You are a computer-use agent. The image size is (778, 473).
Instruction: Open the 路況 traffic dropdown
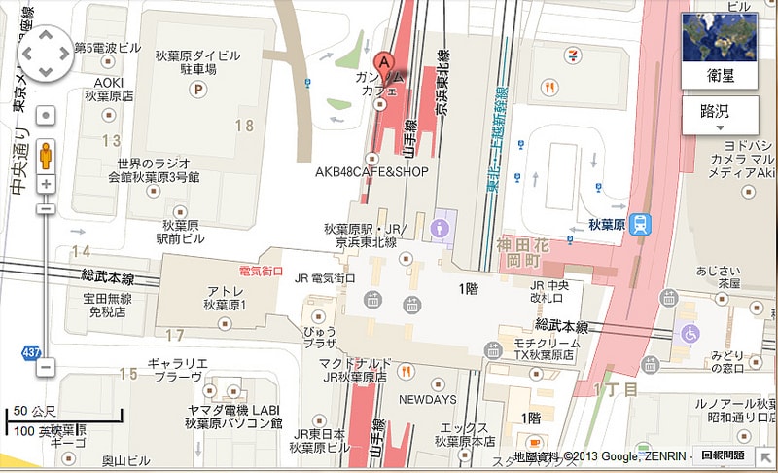click(720, 115)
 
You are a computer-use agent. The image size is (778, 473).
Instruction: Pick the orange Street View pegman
click(46, 156)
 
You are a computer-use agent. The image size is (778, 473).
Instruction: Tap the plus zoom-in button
click(46, 183)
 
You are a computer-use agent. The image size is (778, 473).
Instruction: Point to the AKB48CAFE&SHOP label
click(371, 172)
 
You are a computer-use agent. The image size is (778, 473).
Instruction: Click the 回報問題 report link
click(723, 455)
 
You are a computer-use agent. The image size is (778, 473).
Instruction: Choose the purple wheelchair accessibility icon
click(690, 333)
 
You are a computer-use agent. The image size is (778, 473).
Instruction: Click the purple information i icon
click(444, 229)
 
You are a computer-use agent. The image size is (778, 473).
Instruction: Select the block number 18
click(243, 126)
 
